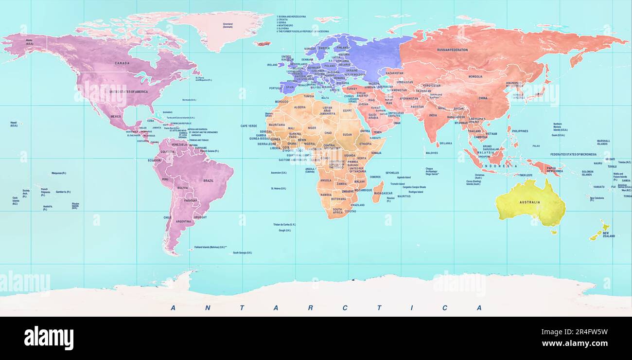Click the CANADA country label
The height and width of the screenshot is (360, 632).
(122, 63)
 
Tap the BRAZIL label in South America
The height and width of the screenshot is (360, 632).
(208, 180)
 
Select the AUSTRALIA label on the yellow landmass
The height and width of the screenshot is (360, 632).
(529, 202)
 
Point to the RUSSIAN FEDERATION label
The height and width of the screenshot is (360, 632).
(452, 50)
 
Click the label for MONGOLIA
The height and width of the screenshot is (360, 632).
(475, 76)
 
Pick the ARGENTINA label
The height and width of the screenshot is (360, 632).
(183, 221)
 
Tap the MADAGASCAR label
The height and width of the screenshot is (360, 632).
(383, 193)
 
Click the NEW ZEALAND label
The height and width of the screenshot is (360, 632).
(609, 234)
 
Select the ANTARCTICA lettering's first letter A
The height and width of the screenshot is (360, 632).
(173, 308)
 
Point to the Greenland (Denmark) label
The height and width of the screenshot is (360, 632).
(228, 25)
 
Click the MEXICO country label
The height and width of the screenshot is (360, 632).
(116, 117)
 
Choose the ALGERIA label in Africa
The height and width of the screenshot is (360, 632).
(300, 107)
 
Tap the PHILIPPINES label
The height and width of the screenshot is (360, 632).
(520, 131)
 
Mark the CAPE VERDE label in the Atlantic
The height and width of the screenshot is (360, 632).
(248, 126)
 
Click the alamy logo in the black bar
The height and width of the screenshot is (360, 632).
(49, 338)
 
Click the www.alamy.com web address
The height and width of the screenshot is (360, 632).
(575, 343)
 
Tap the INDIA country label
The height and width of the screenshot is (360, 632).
(433, 115)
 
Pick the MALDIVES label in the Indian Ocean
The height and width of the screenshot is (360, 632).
(432, 153)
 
